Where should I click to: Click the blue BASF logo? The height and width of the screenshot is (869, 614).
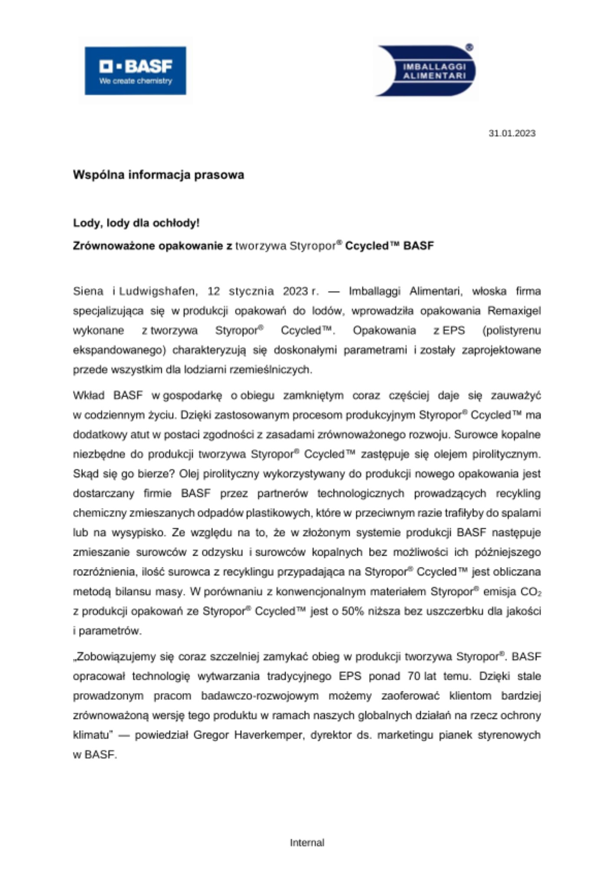pos(135,71)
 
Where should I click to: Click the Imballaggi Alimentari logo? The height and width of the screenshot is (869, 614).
pos(426,71)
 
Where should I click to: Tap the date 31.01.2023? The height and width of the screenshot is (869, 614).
pos(512,133)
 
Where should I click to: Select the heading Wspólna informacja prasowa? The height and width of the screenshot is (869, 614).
pos(158,175)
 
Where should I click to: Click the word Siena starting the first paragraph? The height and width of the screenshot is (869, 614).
pos(88,291)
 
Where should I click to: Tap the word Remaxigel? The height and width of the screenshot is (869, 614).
pos(514,311)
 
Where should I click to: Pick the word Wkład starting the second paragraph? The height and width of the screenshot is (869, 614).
pos(89,395)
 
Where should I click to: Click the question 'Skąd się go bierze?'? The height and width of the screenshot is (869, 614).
pos(124,474)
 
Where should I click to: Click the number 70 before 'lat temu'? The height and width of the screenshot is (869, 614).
pos(414,676)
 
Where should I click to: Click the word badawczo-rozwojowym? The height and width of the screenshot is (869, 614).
pos(260,696)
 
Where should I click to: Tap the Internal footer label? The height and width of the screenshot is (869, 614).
pos(307,842)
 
